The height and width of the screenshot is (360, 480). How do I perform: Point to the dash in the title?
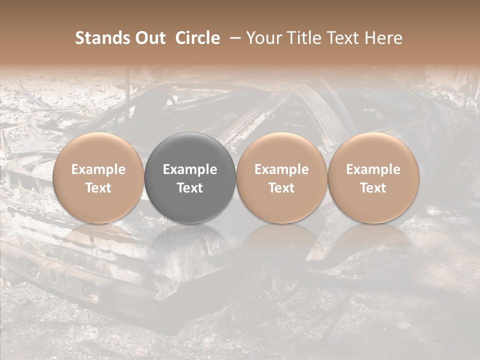[x=233, y=38]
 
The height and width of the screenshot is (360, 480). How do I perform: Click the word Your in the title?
[x=263, y=38]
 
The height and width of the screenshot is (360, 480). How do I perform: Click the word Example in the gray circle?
[x=190, y=170]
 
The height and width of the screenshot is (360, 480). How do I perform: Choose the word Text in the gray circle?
[x=190, y=188]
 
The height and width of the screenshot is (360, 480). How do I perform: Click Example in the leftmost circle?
[x=98, y=170]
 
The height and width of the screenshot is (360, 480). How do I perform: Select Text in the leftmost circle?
[x=98, y=188]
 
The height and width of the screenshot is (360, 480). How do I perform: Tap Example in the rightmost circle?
[x=373, y=170]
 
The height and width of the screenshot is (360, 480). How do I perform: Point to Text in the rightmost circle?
[x=373, y=188]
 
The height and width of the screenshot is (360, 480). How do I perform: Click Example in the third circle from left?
[x=281, y=170]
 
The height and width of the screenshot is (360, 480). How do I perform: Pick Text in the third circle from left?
[x=281, y=188]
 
